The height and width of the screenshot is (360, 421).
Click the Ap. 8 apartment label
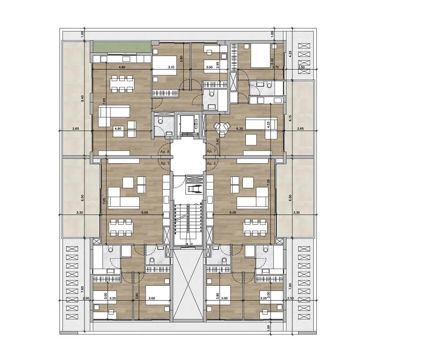pyautogui.click(x=165, y=151)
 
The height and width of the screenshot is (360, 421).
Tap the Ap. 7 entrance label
pyautogui.click(x=211, y=151)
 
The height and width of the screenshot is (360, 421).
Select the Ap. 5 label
pyautogui.click(x=165, y=163)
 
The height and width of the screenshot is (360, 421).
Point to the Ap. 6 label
pyautogui.click(x=211, y=163)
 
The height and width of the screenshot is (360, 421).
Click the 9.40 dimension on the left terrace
pyautogui.click(x=82, y=98)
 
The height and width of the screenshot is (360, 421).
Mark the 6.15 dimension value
pyautogui.click(x=290, y=118)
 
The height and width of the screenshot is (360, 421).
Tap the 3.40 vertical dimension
pyautogui.click(x=217, y=141)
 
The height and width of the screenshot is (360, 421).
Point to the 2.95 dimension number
pyautogui.click(x=217, y=65)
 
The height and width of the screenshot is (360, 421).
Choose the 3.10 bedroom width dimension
pyautogui.click(x=171, y=67)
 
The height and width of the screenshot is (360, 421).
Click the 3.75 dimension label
pyautogui.click(x=275, y=67)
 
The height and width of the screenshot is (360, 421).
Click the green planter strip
pyautogui.click(x=122, y=48)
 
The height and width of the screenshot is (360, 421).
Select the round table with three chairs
pyautogui.click(x=222, y=127)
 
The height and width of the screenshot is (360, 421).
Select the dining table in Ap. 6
pyautogui.click(x=254, y=227)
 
